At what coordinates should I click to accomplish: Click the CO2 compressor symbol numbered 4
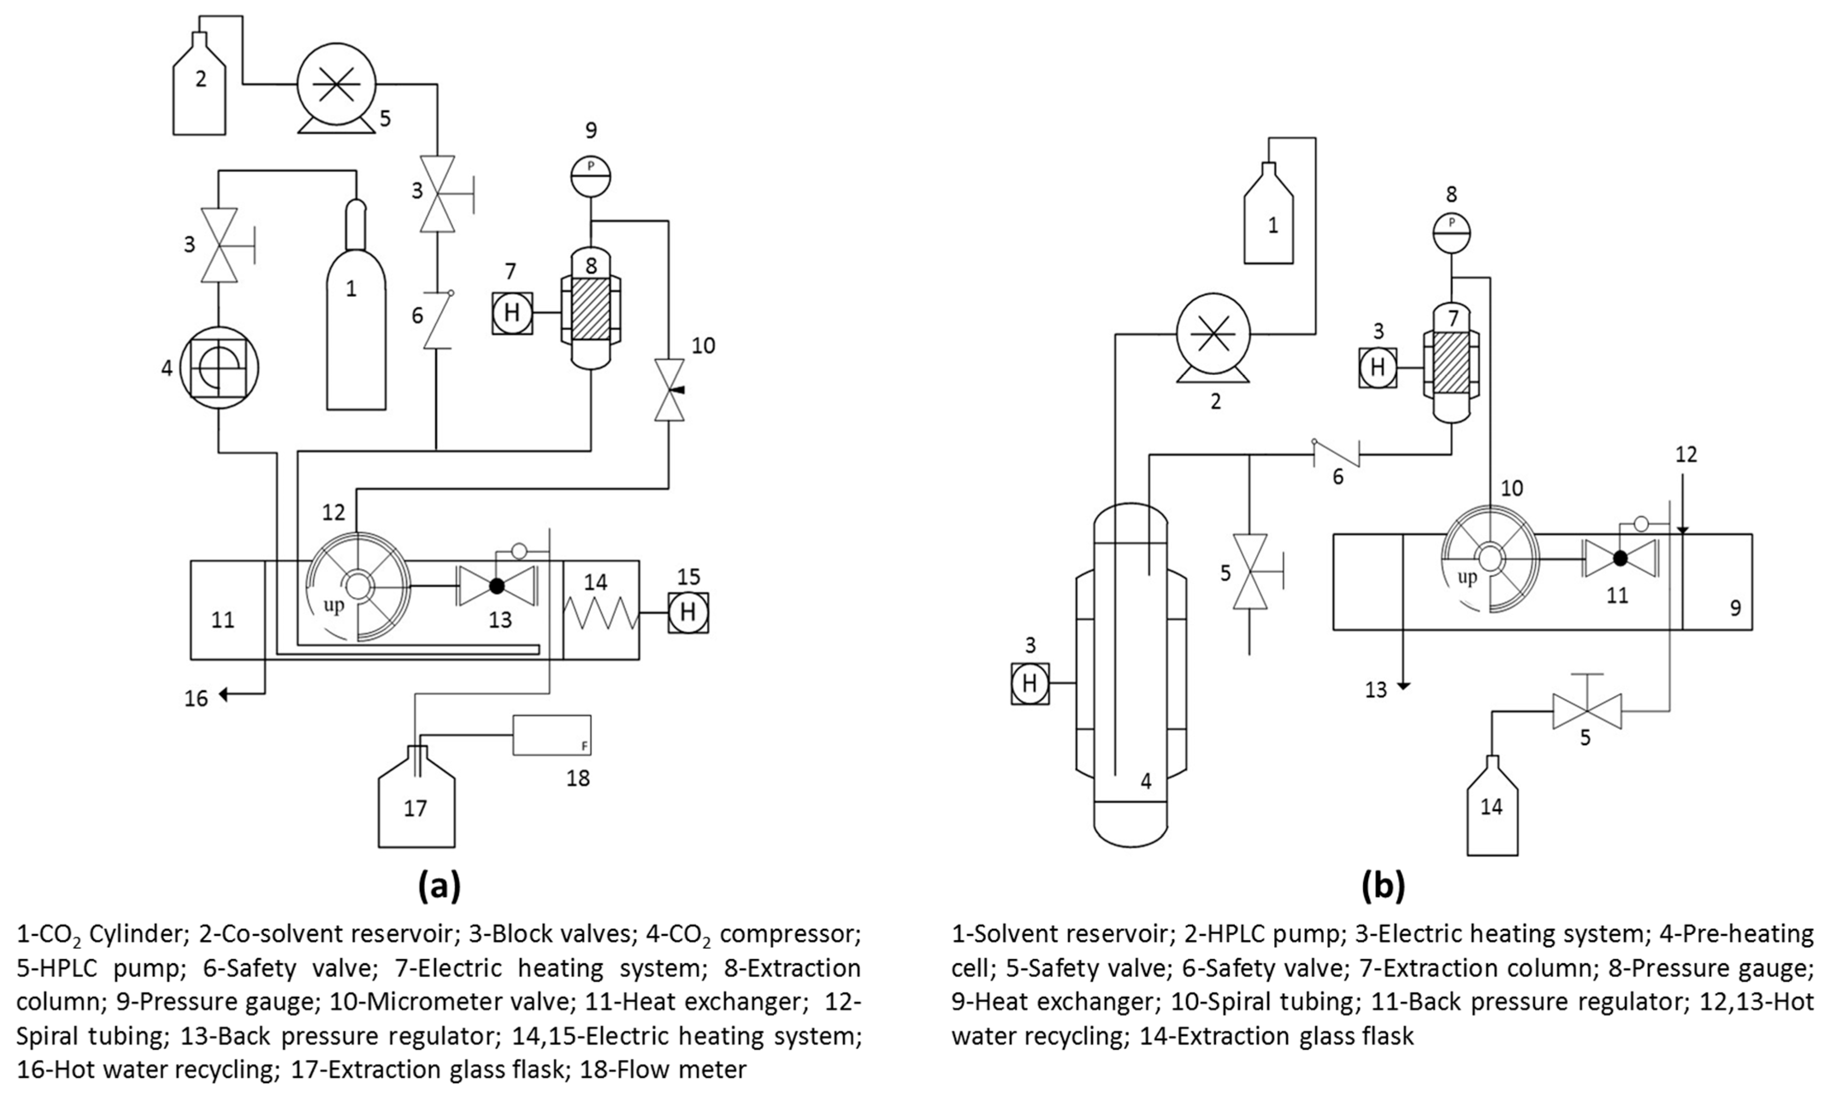tap(219, 367)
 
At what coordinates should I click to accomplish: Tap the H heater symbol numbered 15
tap(688, 612)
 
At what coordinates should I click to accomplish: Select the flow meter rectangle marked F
tap(552, 735)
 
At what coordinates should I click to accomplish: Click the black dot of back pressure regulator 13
tap(497, 585)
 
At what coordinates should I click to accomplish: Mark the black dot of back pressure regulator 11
tap(1620, 559)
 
